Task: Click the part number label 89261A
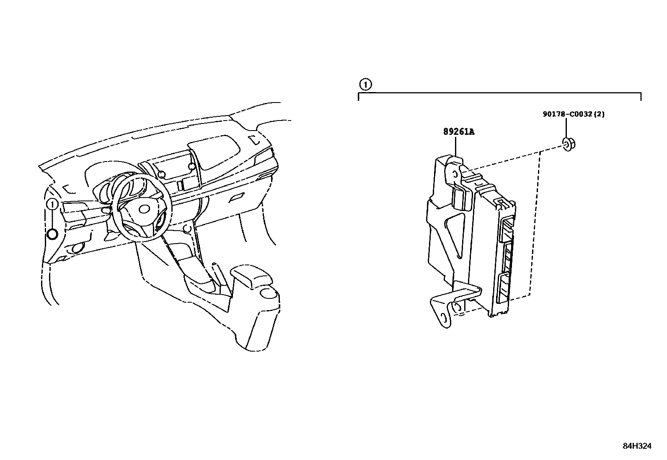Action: (x=459, y=131)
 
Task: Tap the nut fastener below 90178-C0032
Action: (x=568, y=144)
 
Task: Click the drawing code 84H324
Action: (x=637, y=446)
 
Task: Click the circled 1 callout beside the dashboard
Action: (x=52, y=204)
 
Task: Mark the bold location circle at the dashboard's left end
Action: (x=53, y=234)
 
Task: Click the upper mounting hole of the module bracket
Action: (x=455, y=174)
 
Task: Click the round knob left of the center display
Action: (x=161, y=174)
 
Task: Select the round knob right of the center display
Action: (x=192, y=166)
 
